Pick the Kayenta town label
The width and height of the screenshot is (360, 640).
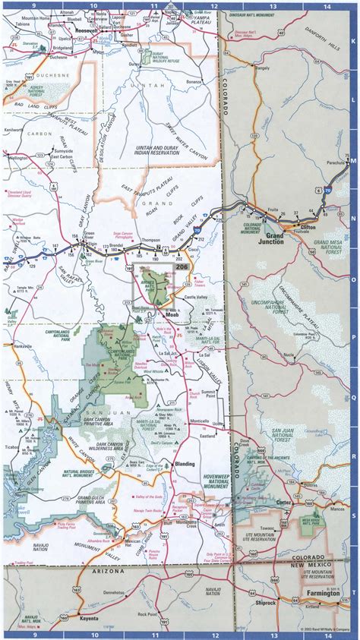[x=90, y=620]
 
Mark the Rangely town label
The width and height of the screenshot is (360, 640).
[x=262, y=68]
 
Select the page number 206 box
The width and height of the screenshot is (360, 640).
[x=182, y=267]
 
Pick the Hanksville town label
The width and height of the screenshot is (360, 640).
[x=21, y=345]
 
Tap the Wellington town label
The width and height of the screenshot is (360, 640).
[x=17, y=157]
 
